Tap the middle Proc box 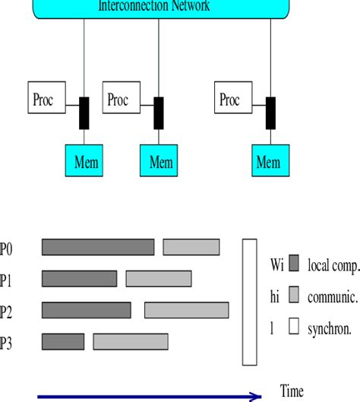pos(119,100)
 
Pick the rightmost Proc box pos(231,100)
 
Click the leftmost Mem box pos(86,161)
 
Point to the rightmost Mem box pos(270,161)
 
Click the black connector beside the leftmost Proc pos(85,113)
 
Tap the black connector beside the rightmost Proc pos(270,113)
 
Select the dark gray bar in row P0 pos(97,247)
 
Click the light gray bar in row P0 pos(191,247)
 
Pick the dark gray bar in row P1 pos(79,279)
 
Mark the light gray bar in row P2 pos(186,310)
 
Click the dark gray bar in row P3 pos(63,341)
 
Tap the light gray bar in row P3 pos(131,341)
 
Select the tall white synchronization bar pos(250,302)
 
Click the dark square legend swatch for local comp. pos(295,265)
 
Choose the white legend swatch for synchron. pos(295,328)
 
